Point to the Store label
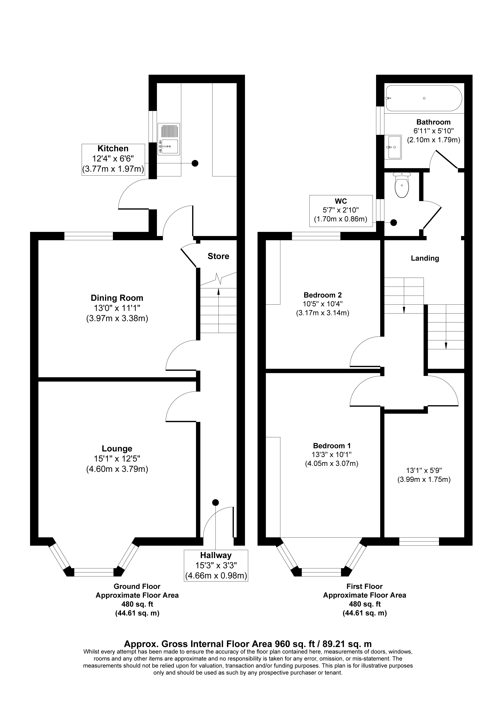(x=218, y=256)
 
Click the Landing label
(x=425, y=258)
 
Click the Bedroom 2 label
(x=323, y=295)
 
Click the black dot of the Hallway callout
(x=216, y=502)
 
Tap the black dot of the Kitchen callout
(x=195, y=163)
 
